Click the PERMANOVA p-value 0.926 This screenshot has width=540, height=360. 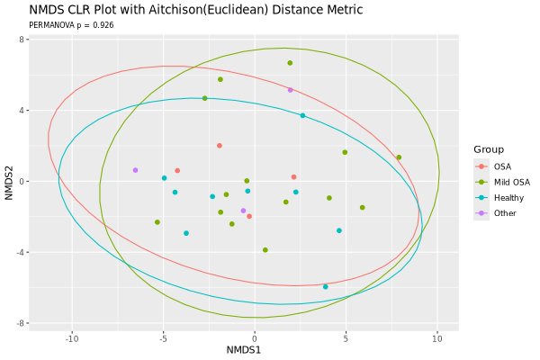click(103, 25)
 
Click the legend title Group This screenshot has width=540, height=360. click(489, 149)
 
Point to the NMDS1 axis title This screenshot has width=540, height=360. click(244, 350)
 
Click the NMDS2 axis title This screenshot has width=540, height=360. click(9, 183)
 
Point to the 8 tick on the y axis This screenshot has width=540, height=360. click(22, 40)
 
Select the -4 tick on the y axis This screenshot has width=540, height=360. click(21, 252)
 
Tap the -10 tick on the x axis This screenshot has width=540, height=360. click(72, 339)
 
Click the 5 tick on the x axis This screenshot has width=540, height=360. click(346, 339)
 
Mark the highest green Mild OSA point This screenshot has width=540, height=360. click(290, 63)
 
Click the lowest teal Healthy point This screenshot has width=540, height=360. click(326, 286)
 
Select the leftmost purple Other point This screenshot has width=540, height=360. click(135, 170)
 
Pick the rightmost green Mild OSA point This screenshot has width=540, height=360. click(399, 157)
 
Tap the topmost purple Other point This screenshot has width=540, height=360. click(291, 90)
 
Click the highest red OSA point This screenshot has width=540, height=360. click(220, 146)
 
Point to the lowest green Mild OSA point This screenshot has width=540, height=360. click(265, 250)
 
